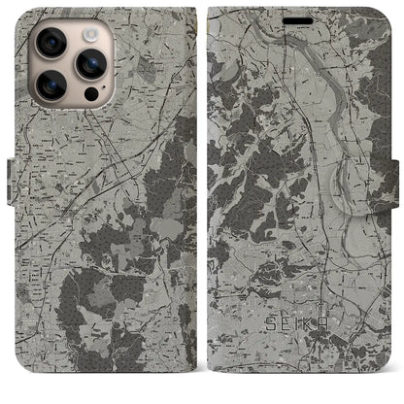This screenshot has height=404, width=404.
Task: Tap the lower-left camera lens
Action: [50, 84]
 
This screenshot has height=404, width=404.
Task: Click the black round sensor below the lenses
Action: [90, 94]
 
